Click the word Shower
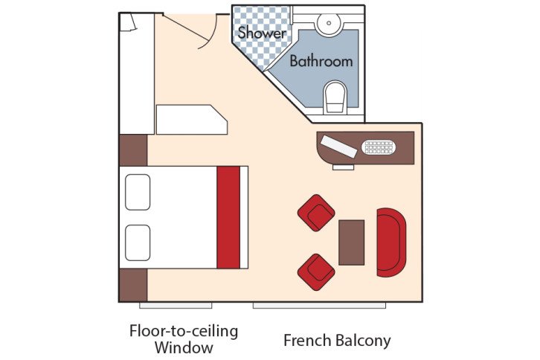(261, 33)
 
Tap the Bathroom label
(321, 61)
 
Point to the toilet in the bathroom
(335, 97)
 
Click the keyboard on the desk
(379, 147)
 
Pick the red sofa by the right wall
(391, 242)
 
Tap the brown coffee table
(351, 242)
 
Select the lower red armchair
(316, 271)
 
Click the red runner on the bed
(228, 217)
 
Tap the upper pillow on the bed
(138, 192)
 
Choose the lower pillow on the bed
(138, 242)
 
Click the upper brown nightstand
(133, 150)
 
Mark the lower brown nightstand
(133, 286)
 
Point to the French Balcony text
(337, 341)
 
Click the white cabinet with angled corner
(190, 120)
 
